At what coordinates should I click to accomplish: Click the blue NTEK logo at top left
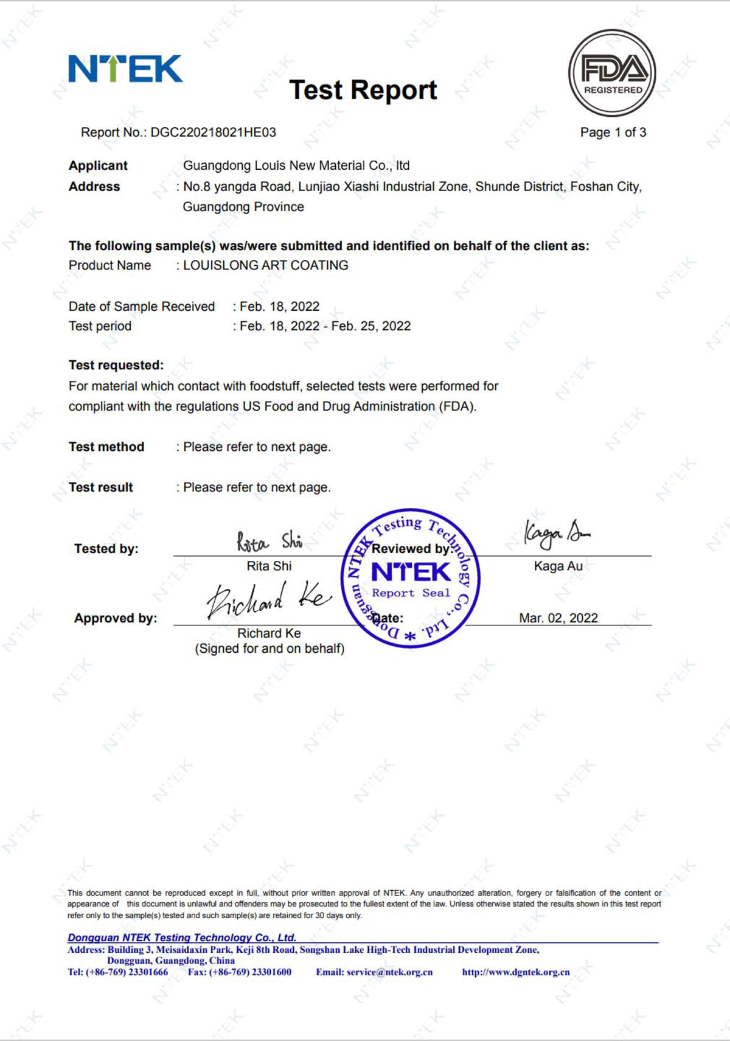tap(125, 69)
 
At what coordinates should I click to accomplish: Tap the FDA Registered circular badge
tap(612, 73)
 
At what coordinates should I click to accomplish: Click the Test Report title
tap(363, 90)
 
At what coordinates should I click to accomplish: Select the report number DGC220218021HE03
tap(213, 133)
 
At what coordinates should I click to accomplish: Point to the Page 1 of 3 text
tap(613, 133)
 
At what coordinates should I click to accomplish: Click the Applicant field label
tap(98, 165)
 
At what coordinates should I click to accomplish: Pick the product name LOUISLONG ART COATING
tap(266, 265)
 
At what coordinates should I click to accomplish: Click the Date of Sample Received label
tap(142, 307)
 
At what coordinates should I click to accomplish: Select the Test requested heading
tap(116, 365)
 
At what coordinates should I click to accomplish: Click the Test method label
tap(106, 447)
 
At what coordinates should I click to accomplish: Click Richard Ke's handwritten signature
tap(268, 599)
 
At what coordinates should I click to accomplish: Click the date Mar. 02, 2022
tap(558, 618)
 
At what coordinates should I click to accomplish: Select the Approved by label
tap(116, 618)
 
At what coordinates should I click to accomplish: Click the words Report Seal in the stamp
tap(411, 593)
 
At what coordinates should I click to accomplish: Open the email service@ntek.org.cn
tap(389, 972)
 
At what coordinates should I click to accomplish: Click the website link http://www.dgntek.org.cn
tap(516, 972)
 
